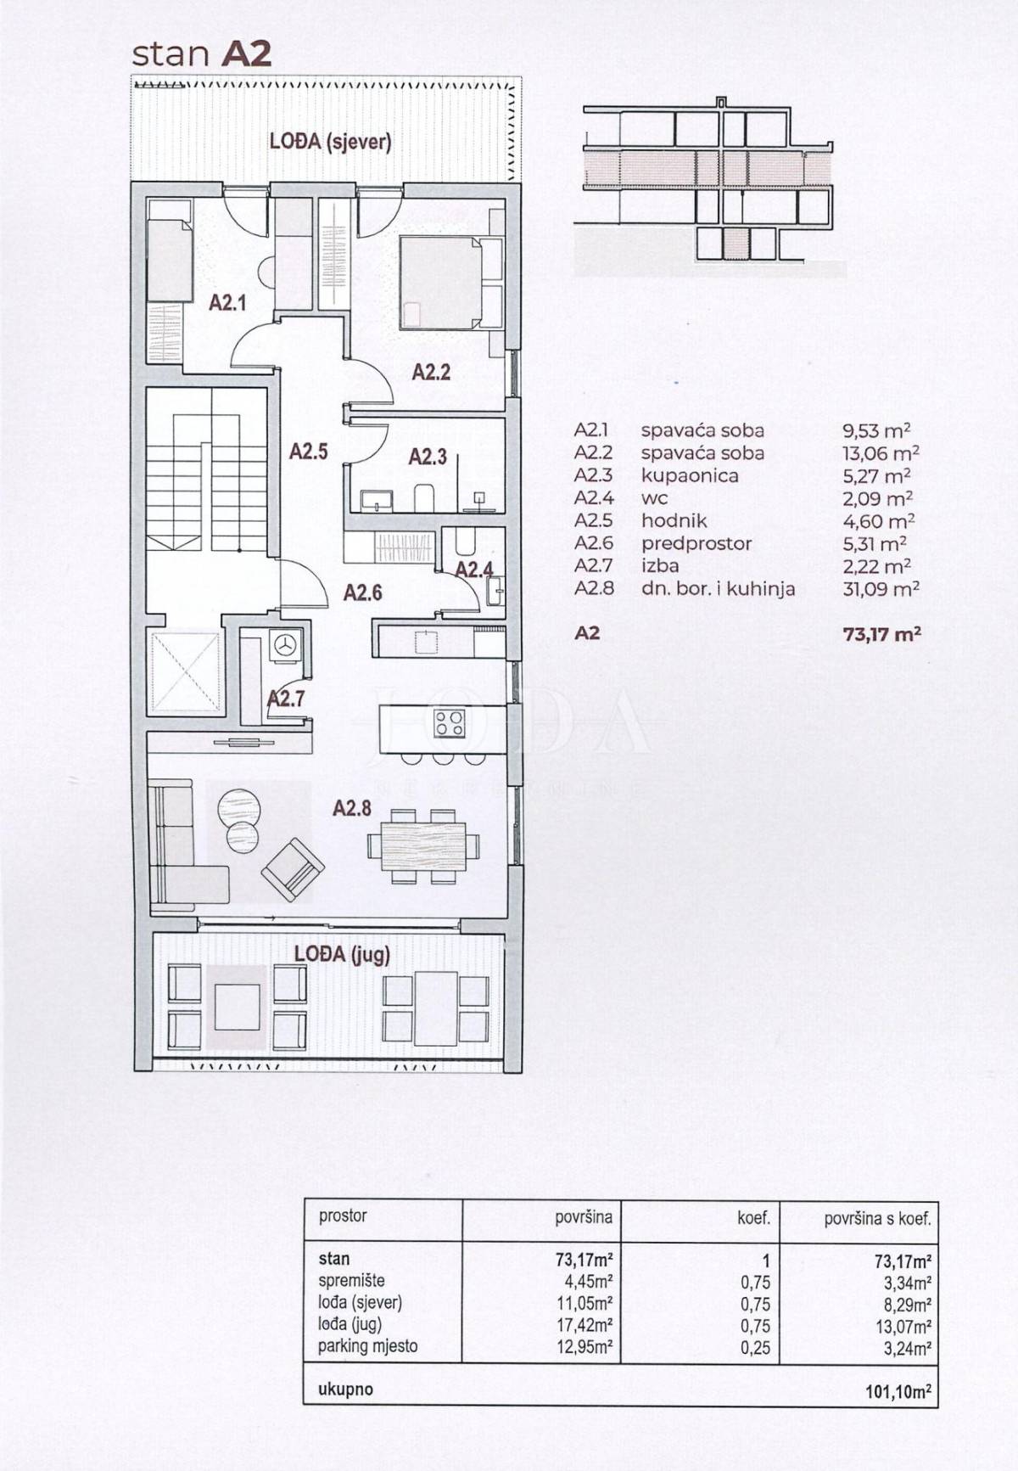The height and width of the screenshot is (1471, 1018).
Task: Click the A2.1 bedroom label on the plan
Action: pyautogui.click(x=227, y=301)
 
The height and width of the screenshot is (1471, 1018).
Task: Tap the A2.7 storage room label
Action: pyautogui.click(x=286, y=699)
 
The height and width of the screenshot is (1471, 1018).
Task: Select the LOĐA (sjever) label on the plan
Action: pyautogui.click(x=330, y=141)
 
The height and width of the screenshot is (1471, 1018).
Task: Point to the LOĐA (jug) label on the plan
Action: pyautogui.click(x=342, y=953)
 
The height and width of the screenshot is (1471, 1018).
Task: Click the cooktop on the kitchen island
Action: pyautogui.click(x=450, y=723)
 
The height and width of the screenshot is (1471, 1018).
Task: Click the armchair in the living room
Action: pyautogui.click(x=293, y=869)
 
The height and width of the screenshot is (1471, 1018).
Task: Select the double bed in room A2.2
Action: pyautogui.click(x=440, y=283)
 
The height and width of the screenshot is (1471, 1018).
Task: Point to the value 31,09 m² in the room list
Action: pyautogui.click(x=881, y=588)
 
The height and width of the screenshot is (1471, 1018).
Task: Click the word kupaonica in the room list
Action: pyautogui.click(x=689, y=475)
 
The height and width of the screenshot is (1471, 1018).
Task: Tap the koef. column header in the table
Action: pyautogui.click(x=753, y=1218)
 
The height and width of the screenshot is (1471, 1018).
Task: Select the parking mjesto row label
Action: pyautogui.click(x=367, y=1346)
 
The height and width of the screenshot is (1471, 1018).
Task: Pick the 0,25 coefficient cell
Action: pyautogui.click(x=755, y=1347)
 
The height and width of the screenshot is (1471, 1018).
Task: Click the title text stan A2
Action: pyautogui.click(x=202, y=53)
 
